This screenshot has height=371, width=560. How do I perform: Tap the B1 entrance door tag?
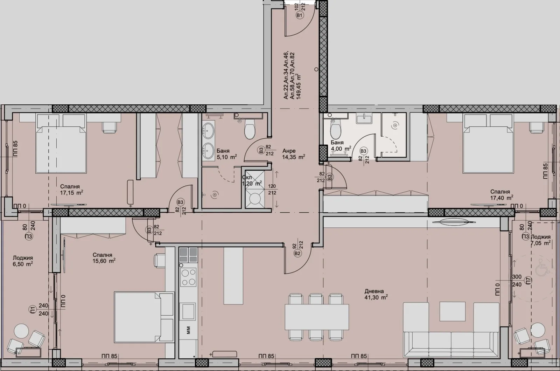299,16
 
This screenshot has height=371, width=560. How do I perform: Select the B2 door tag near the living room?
298,253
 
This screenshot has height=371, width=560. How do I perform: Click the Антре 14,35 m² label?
293,154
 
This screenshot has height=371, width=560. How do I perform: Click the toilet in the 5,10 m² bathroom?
250,130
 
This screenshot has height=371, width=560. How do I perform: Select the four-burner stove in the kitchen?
188,277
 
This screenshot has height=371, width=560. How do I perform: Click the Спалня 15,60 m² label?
104,258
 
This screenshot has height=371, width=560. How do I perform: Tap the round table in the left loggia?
21,331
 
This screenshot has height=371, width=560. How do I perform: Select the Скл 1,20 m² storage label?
252,180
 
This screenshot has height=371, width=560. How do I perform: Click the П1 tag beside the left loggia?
33,309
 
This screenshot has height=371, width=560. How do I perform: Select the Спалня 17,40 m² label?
501,194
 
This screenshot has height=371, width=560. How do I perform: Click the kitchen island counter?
233,276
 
